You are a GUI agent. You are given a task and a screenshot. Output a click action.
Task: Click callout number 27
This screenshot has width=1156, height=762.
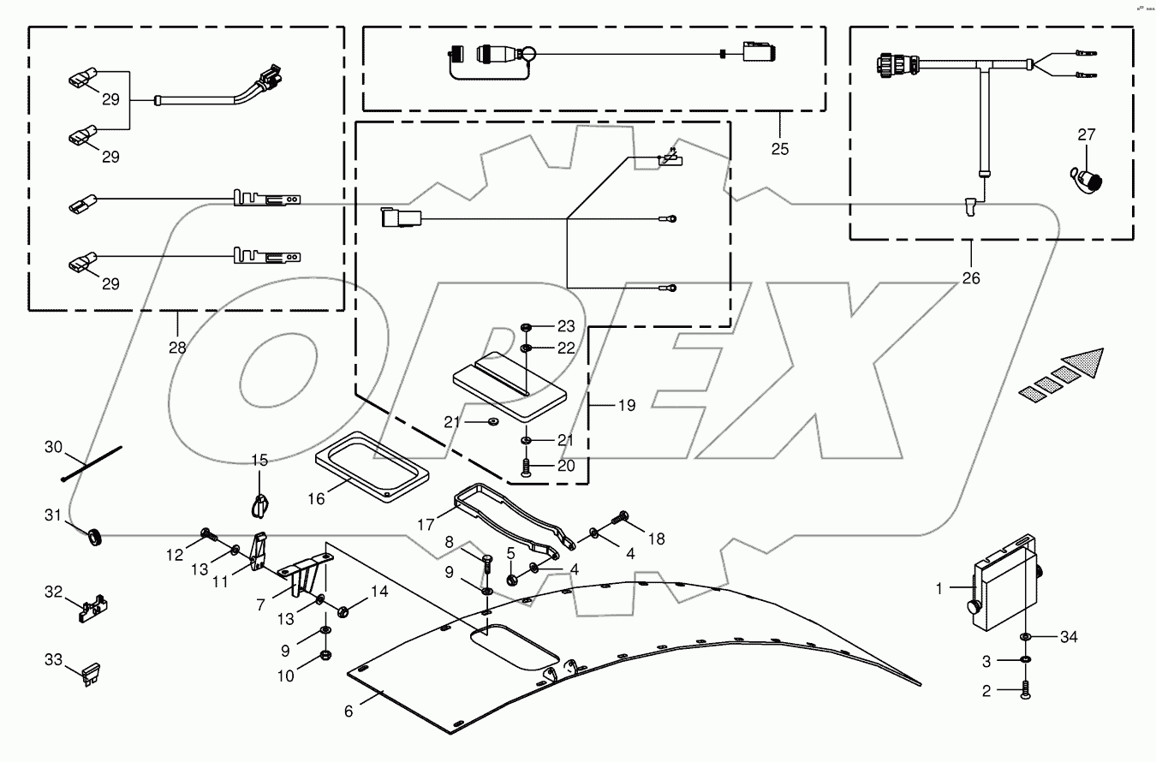1087,134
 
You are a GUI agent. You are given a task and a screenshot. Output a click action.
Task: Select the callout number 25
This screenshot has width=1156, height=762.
779,148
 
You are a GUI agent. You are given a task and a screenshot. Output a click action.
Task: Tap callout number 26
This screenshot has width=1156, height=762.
971,277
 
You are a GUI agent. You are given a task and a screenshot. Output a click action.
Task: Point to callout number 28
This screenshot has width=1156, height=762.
177,348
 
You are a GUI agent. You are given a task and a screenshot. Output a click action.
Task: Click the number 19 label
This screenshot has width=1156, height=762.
627,405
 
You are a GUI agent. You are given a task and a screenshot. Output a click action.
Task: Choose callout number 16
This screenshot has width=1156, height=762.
316,497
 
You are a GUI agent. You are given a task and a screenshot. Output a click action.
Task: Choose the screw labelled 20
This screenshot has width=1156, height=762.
525,467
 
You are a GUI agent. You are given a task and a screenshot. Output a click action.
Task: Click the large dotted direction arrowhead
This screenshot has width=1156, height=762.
1079,361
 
